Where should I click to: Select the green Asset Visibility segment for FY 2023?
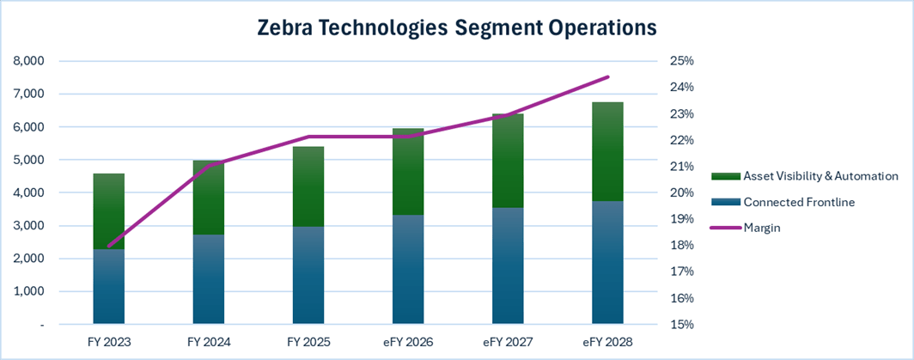(x=109, y=211)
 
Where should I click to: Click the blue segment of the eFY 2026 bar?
(x=408, y=270)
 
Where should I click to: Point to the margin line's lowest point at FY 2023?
(x=109, y=246)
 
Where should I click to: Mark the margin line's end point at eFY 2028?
(x=607, y=77)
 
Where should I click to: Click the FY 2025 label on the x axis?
(x=308, y=342)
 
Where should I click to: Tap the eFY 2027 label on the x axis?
(x=508, y=342)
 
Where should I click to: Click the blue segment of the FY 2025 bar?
(x=308, y=276)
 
